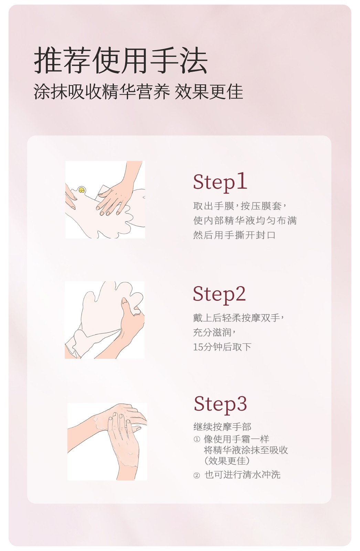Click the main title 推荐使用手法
click(x=120, y=60)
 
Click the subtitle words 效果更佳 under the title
click(x=209, y=92)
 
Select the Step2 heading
click(x=219, y=294)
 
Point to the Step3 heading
click(x=220, y=404)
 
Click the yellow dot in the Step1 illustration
click(x=81, y=190)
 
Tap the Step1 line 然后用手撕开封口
click(x=234, y=235)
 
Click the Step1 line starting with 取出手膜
click(x=240, y=206)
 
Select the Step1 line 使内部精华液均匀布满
click(x=245, y=220)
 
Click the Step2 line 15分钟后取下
click(x=222, y=347)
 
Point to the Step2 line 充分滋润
click(x=214, y=332)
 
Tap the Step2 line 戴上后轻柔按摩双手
click(x=239, y=318)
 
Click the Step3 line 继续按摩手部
click(x=222, y=427)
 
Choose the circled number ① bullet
click(x=197, y=439)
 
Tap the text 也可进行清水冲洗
click(x=242, y=475)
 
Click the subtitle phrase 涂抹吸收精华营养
click(x=102, y=92)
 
